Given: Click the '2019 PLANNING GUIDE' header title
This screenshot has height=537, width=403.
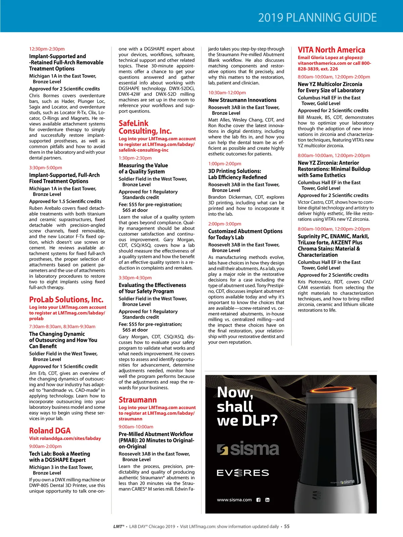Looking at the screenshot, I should coord(317,17).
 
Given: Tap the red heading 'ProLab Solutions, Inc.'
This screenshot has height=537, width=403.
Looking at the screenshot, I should coord(66,299).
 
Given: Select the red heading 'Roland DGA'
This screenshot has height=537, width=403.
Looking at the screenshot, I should coord(50,431).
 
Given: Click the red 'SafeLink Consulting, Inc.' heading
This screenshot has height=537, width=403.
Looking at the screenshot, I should coord(145,127).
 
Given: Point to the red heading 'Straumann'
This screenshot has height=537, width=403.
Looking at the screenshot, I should coord(138,400).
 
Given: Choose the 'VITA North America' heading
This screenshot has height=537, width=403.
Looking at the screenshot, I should coord(331,50).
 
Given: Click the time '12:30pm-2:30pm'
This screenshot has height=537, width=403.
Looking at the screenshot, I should coord(47,49).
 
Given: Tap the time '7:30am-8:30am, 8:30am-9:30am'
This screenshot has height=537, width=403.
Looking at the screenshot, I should coord(62,327).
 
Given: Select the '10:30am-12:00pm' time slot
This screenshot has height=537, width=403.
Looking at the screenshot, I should coord(227,93).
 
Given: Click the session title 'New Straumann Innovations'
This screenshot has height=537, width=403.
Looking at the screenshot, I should coord(242,100).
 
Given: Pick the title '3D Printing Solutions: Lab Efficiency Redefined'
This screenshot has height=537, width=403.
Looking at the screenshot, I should coord(237,174).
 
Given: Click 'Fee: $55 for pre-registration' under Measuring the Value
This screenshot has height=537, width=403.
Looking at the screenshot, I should coord(150,204).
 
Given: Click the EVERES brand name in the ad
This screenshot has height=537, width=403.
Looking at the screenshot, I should coord(243,473).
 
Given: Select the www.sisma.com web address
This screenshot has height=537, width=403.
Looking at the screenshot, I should coord(234,500).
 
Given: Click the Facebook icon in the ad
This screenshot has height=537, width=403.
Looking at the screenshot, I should coord(258,500).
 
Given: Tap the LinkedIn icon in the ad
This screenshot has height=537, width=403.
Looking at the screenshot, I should coord(267,500).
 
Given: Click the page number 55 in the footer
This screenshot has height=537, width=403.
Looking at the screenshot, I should coord(286,527).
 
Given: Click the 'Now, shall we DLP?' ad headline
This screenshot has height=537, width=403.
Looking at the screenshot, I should coord(247,406).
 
